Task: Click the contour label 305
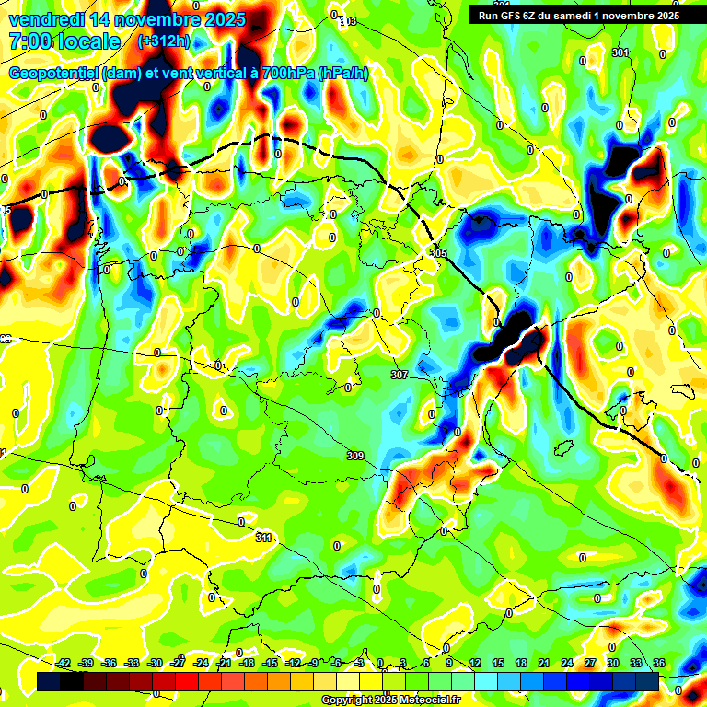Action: [x=437, y=253]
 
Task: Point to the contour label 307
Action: [x=399, y=376]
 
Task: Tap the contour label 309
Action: [x=355, y=456]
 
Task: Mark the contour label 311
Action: [x=264, y=538]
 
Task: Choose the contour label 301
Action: [x=620, y=53]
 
